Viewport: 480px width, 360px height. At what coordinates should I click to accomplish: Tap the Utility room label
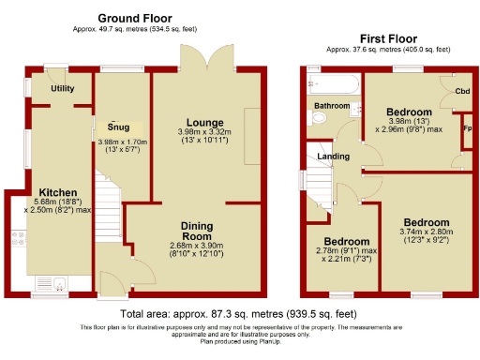[63, 88]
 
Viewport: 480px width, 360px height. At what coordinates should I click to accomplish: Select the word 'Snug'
[118, 127]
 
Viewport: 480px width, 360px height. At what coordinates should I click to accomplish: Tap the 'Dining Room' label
[197, 232]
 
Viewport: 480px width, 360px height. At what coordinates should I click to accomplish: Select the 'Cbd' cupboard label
[462, 91]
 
